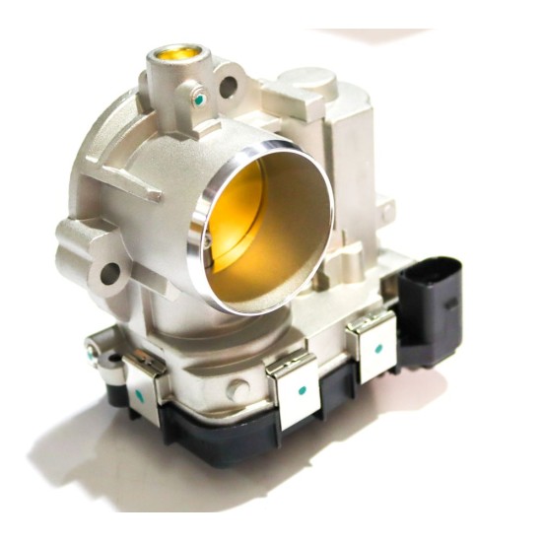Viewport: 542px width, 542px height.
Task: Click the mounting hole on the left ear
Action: [x=108, y=271]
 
